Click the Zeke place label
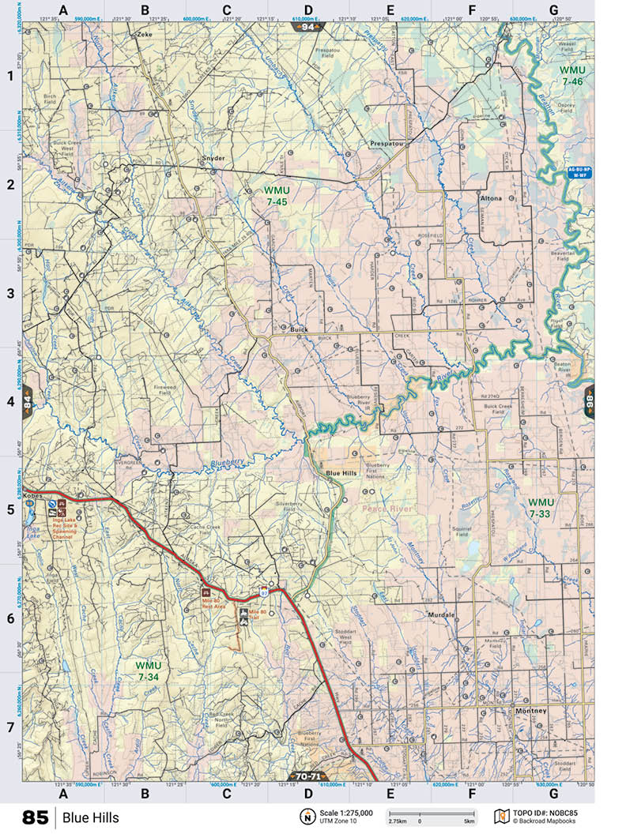(x=144, y=36)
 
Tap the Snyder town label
(x=213, y=158)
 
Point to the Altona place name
(x=490, y=199)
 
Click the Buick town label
(x=298, y=329)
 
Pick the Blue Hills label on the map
(x=342, y=473)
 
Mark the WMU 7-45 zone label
(x=277, y=196)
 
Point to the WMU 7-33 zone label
(x=541, y=508)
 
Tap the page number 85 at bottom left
(x=36, y=817)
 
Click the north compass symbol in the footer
(x=306, y=817)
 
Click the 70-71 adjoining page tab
(x=308, y=776)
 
